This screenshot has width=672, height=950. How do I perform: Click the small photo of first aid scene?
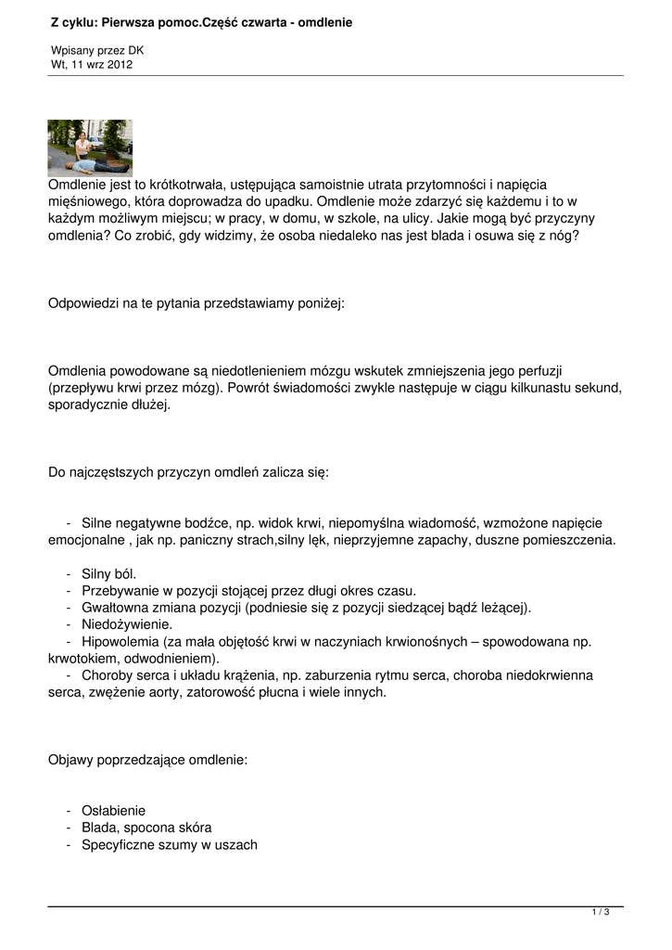coord(90,148)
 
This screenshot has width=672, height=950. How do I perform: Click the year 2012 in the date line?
coord(119,65)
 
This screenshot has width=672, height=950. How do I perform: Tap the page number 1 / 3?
coord(601,913)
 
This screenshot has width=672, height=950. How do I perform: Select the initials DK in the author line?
coord(135,50)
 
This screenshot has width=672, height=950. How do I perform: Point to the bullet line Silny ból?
coord(108,573)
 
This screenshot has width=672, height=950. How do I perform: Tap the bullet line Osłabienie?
coord(113,810)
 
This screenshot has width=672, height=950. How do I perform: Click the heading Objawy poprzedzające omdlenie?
coord(147,759)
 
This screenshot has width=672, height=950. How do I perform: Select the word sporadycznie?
coord(91,404)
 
